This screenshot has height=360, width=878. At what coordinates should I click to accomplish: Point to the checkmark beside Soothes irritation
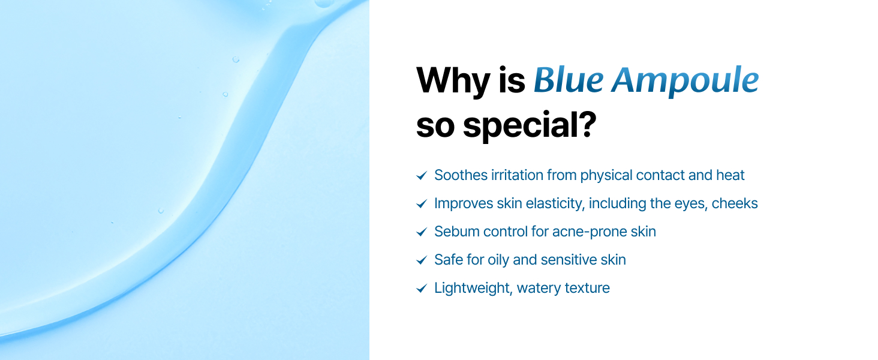[422, 176]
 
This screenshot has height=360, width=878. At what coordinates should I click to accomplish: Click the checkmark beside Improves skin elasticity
[422, 204]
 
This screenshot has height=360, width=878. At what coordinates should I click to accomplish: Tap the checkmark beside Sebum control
[422, 232]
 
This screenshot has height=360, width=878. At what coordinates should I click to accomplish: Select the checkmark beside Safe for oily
[422, 260]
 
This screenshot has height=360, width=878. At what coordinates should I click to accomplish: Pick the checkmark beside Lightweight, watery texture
[422, 289]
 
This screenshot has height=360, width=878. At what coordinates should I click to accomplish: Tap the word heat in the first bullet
[730, 175]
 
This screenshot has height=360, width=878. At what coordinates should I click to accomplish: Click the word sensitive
[568, 260]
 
